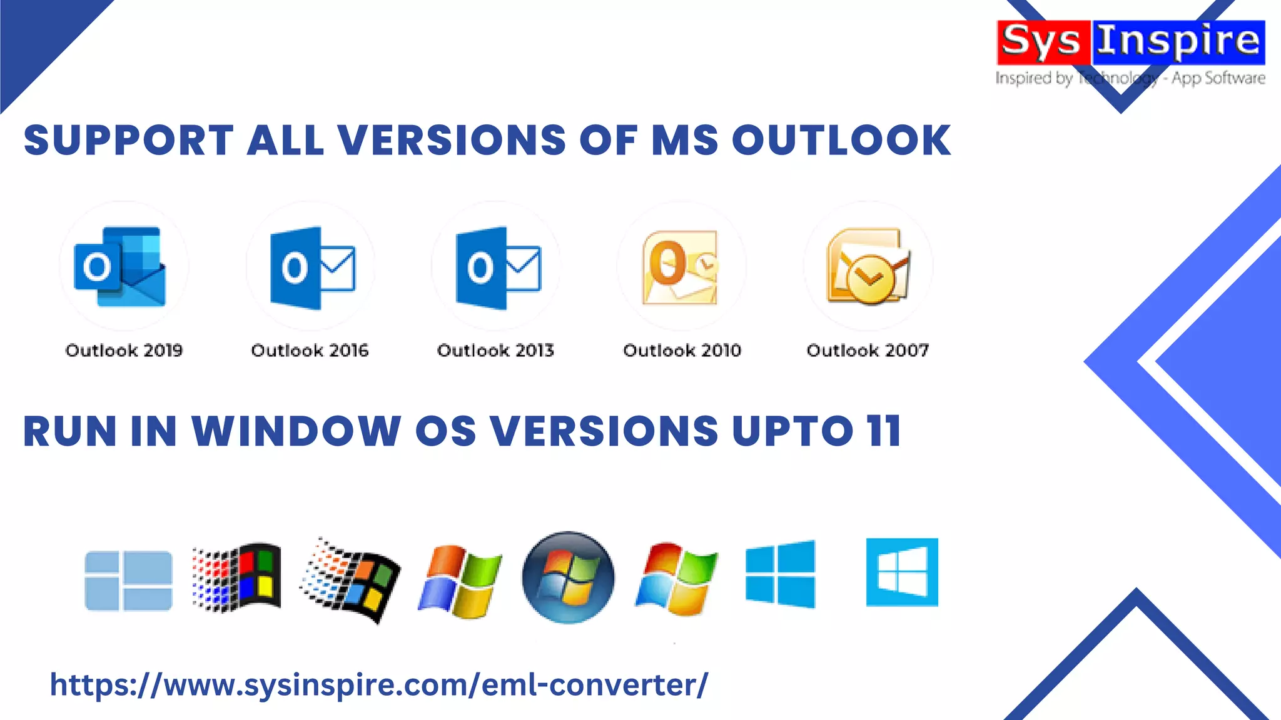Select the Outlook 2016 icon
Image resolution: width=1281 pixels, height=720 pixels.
click(312, 267)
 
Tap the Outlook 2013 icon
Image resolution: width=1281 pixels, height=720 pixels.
click(498, 267)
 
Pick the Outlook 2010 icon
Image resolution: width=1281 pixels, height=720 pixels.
click(681, 267)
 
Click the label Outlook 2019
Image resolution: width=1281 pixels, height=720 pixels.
click(124, 350)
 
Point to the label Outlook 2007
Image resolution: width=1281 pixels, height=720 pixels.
click(868, 350)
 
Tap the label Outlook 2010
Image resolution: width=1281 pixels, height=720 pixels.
click(682, 350)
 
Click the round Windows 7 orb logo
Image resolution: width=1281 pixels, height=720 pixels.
click(568, 577)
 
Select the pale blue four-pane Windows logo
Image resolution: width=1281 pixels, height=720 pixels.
click(128, 581)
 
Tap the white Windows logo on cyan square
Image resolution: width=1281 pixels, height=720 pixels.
click(902, 572)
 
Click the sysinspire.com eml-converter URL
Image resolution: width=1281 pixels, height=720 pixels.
click(379, 684)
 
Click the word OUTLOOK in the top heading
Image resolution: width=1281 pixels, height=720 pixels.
click(841, 140)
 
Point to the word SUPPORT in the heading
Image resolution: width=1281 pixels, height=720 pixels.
click(129, 140)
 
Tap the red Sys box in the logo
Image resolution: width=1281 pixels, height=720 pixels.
click(1042, 42)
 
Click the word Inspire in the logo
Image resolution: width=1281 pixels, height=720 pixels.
click(1178, 42)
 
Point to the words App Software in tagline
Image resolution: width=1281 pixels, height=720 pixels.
click(1218, 78)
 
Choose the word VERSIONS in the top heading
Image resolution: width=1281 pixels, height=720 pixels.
click(452, 140)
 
